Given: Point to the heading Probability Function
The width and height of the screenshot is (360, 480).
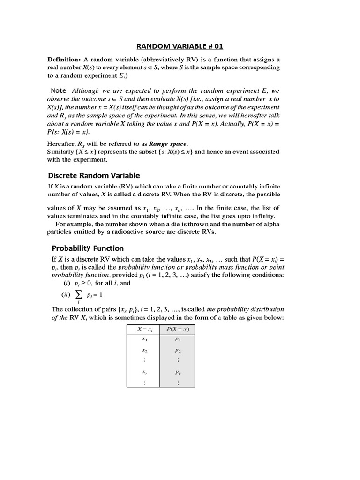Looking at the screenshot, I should [87, 248].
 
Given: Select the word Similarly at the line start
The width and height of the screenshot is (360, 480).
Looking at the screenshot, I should [61, 151].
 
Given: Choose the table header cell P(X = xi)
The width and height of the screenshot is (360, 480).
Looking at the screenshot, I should [178, 329].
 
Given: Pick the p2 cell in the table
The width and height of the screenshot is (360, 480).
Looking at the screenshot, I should [178, 350].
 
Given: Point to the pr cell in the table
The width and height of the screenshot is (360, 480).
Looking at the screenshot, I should [178, 373].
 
